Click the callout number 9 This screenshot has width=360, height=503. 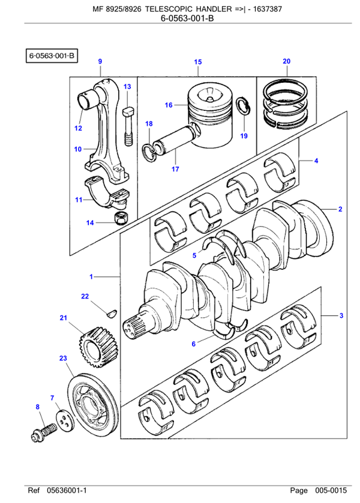(100, 61)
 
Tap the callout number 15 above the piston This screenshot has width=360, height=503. (198, 62)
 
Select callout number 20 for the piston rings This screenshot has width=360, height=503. (286, 61)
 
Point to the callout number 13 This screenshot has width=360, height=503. (127, 87)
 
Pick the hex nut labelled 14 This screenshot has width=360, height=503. (120, 217)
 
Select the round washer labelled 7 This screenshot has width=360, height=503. (62, 420)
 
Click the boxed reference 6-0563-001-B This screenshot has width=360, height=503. (51, 56)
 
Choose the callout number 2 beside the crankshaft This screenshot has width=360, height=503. (340, 209)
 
